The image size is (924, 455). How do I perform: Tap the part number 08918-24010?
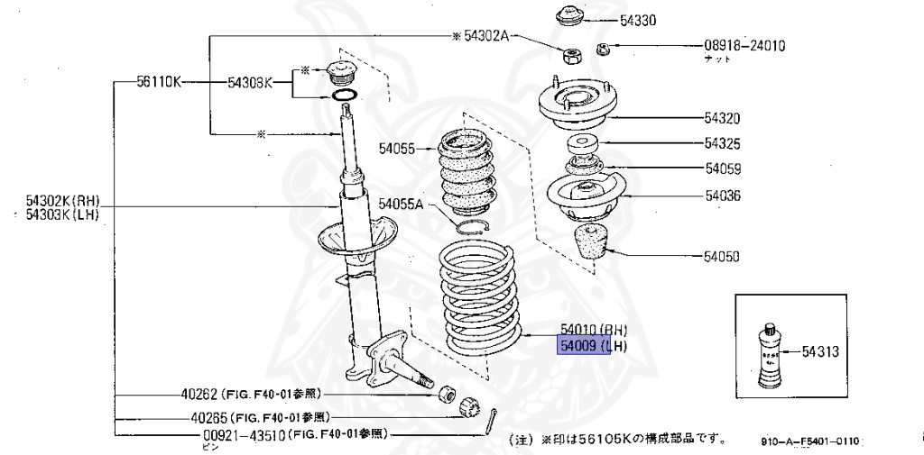coord(744,45)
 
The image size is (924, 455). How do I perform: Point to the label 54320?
coord(722,117)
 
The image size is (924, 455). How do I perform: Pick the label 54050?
coord(722,257)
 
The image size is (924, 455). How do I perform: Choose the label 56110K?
coord(159,82)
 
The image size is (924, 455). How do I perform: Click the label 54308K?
coord(249,82)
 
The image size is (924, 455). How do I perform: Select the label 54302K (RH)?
coord(61,201)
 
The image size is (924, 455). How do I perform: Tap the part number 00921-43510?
coord(237,433)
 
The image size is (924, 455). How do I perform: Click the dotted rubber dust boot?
coord(467,173)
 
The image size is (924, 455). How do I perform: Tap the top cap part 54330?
coord(568,16)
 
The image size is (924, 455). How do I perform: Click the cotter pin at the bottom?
coord(491,419)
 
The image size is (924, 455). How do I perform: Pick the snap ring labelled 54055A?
coord(473,228)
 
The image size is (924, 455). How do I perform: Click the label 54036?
coord(722,195)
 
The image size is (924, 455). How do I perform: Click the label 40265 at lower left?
coord(208,417)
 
